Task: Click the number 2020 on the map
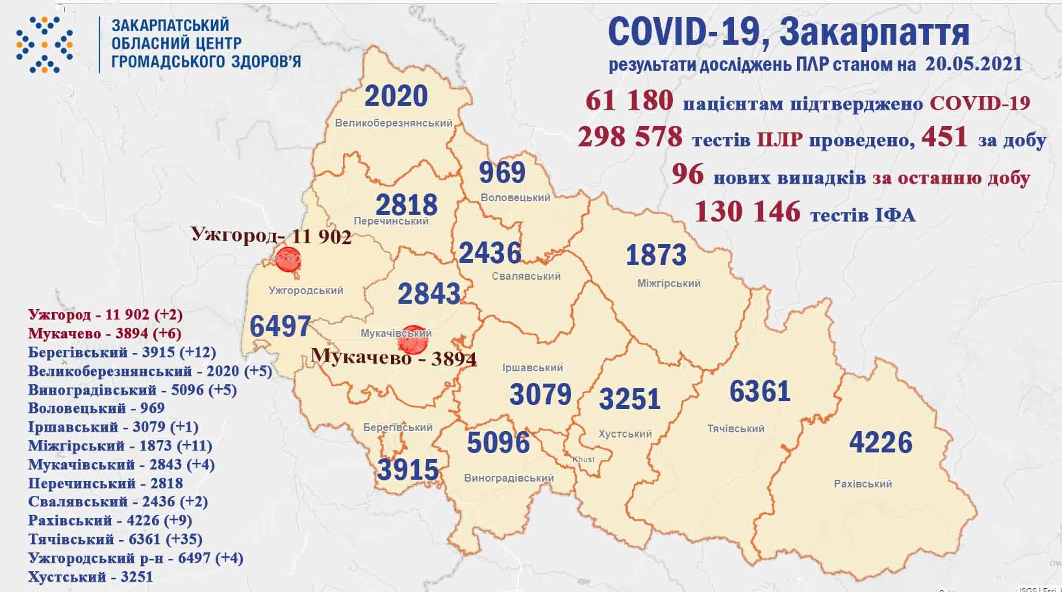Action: click(x=396, y=96)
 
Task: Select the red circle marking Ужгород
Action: click(x=287, y=260)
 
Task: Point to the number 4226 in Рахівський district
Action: click(x=881, y=443)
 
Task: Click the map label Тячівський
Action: click(x=735, y=428)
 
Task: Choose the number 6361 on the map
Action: click(x=759, y=391)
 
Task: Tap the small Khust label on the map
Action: click(x=583, y=460)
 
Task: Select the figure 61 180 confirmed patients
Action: click(x=628, y=101)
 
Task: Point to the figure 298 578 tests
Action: click(x=629, y=137)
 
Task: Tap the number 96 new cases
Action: click(x=687, y=175)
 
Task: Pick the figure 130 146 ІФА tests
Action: click(x=747, y=212)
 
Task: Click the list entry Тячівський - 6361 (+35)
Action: click(x=116, y=539)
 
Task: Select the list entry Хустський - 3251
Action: click(x=90, y=576)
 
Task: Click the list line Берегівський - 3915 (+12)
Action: click(x=122, y=352)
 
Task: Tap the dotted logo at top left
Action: click(x=44, y=44)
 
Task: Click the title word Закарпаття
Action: click(x=873, y=32)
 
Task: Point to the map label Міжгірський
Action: click(x=668, y=284)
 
